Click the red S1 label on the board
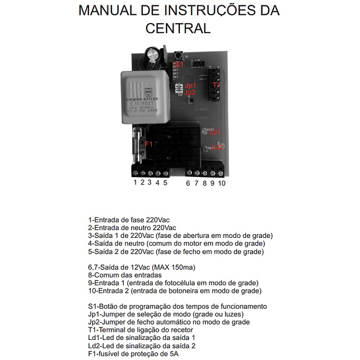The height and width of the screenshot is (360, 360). [x=181, y=63]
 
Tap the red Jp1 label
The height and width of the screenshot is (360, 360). [x=190, y=86]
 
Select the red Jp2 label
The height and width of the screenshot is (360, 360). [x=190, y=93]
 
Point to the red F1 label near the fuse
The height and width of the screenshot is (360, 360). [x=149, y=144]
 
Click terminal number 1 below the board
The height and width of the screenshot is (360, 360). [x=135, y=183]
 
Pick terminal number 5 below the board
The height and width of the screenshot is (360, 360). [x=165, y=183]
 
